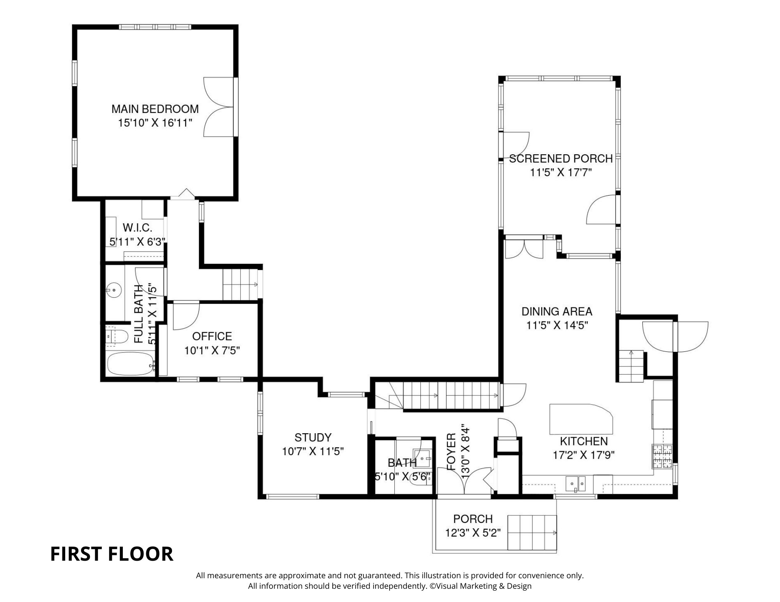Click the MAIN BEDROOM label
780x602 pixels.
pos(155,109)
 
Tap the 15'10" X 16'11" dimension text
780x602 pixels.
pos(155,123)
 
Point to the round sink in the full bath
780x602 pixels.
pos(114,290)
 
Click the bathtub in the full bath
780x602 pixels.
pos(131,364)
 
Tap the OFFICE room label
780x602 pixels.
pos(212,336)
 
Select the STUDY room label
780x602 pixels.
pos(313,438)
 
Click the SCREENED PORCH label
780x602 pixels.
pos(561,159)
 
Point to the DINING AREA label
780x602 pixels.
pos(557,311)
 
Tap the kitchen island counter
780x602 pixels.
pos(581,419)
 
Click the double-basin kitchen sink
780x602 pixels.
pos(576,484)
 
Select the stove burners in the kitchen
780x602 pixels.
pos(662,456)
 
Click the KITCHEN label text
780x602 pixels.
pos(584,441)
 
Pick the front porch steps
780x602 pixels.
pos(532,532)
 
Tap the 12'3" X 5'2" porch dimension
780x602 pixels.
pos(473,533)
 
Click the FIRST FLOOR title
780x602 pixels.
pos(112,554)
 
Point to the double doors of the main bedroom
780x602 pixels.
pos(219,107)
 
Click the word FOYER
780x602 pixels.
pos(451,452)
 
